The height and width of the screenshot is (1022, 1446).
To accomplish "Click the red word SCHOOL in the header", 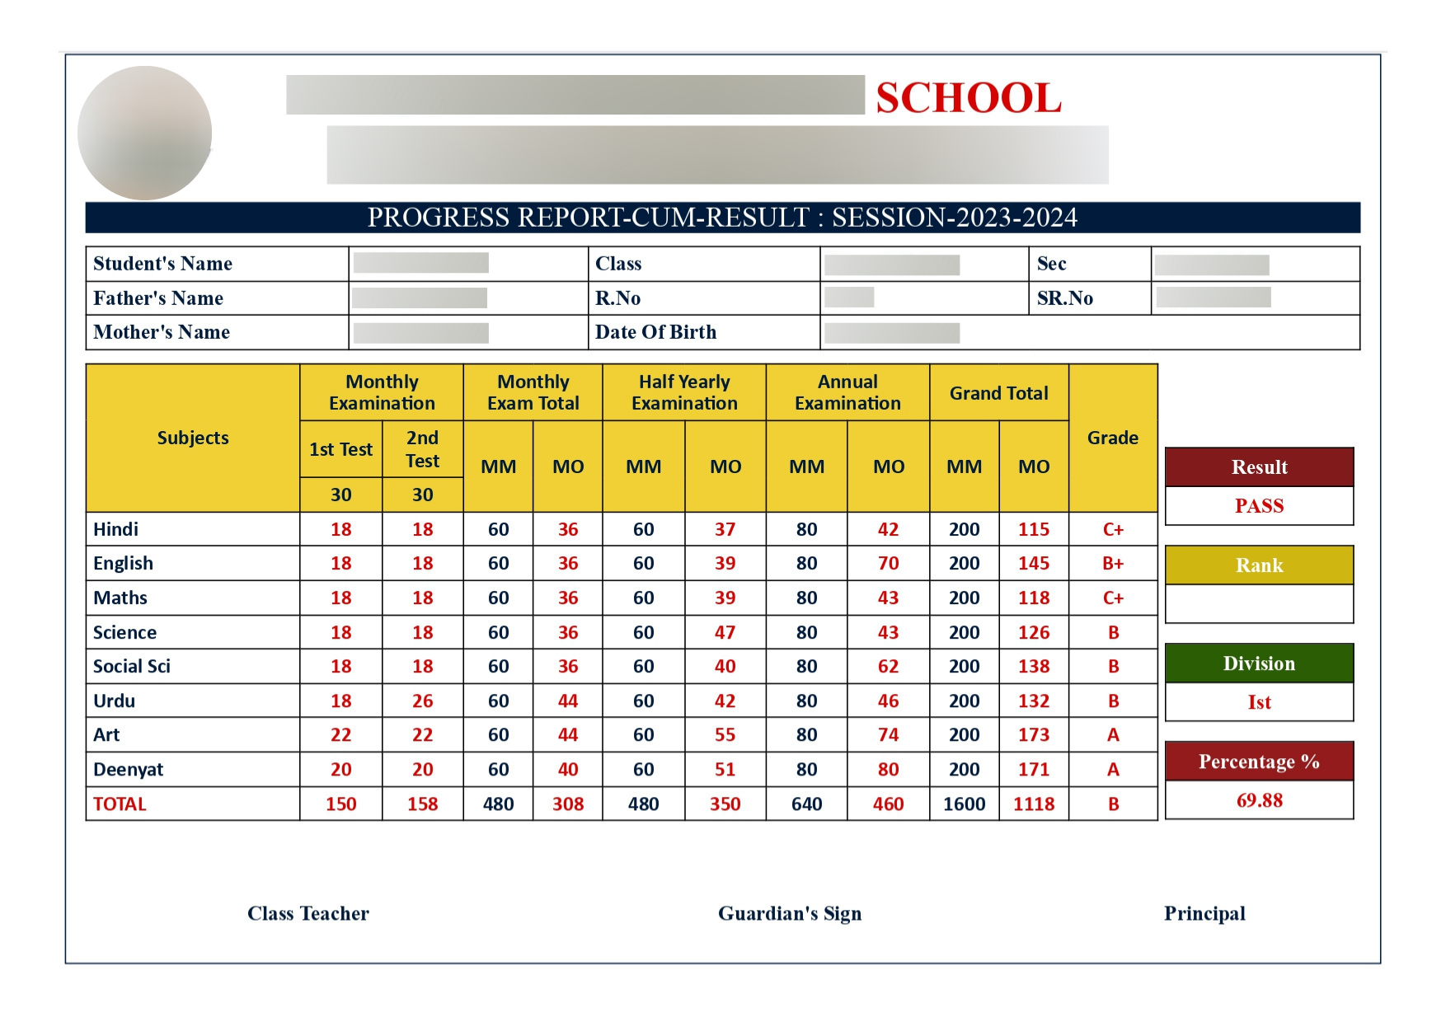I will pyautogui.click(x=969, y=98).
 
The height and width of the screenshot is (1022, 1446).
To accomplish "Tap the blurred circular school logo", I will pyautogui.click(x=144, y=133).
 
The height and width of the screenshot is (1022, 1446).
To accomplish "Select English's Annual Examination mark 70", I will pyautogui.click(x=888, y=564).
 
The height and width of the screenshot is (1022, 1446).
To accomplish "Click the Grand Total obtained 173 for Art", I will pyautogui.click(x=1033, y=735).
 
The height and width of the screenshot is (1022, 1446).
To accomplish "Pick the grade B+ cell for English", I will pyautogui.click(x=1113, y=564).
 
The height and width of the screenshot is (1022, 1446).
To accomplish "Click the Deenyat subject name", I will pyautogui.click(x=128, y=770).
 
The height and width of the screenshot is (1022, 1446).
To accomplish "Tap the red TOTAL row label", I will pyautogui.click(x=120, y=804).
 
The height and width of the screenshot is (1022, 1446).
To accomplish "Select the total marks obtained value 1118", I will pyautogui.click(x=1033, y=804).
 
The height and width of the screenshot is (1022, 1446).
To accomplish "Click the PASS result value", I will pyautogui.click(x=1259, y=506).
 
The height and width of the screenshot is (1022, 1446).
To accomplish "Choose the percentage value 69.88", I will pyautogui.click(x=1259, y=800).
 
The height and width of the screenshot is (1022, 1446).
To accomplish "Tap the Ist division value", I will pyautogui.click(x=1259, y=702).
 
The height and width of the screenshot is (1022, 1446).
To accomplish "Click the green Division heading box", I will pyautogui.click(x=1259, y=663).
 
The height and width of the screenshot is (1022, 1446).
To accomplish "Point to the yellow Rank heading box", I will pyautogui.click(x=1259, y=565).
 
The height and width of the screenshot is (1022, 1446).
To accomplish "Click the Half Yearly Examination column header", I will pyautogui.click(x=684, y=392).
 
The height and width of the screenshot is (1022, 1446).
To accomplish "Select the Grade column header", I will pyautogui.click(x=1113, y=438).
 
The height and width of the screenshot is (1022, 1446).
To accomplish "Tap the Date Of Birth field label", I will pyautogui.click(x=655, y=332).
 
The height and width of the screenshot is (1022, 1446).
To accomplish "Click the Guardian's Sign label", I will pyautogui.click(x=790, y=913).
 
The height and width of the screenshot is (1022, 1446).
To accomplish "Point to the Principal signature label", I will pyautogui.click(x=1204, y=913).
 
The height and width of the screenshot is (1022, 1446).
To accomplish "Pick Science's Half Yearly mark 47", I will pyautogui.click(x=725, y=633).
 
